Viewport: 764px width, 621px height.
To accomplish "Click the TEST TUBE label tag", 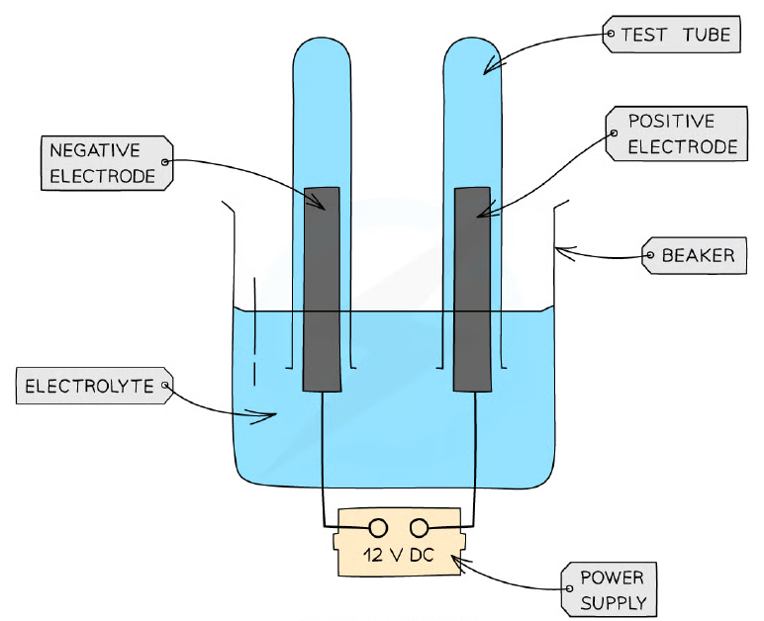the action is (671, 34).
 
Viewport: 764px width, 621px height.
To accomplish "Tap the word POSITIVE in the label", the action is (671, 121).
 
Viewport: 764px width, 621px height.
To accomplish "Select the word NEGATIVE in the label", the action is (95, 150).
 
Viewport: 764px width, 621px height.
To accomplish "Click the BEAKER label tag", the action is (694, 255).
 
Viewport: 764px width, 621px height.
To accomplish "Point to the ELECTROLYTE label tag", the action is (95, 386).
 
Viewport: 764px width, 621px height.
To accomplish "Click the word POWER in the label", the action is (612, 577).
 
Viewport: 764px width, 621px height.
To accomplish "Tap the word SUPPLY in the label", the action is (614, 603).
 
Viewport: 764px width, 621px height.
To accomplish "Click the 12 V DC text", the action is (398, 555).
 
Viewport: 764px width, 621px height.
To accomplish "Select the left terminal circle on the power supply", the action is (378, 528).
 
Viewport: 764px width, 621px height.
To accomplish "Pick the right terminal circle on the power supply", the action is (419, 528).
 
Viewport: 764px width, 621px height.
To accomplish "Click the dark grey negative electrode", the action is (322, 289).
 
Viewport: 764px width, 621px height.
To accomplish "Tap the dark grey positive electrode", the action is (472, 289).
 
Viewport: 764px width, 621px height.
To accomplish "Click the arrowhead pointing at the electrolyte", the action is (264, 416).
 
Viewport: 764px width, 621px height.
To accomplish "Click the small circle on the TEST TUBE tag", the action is (611, 34).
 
